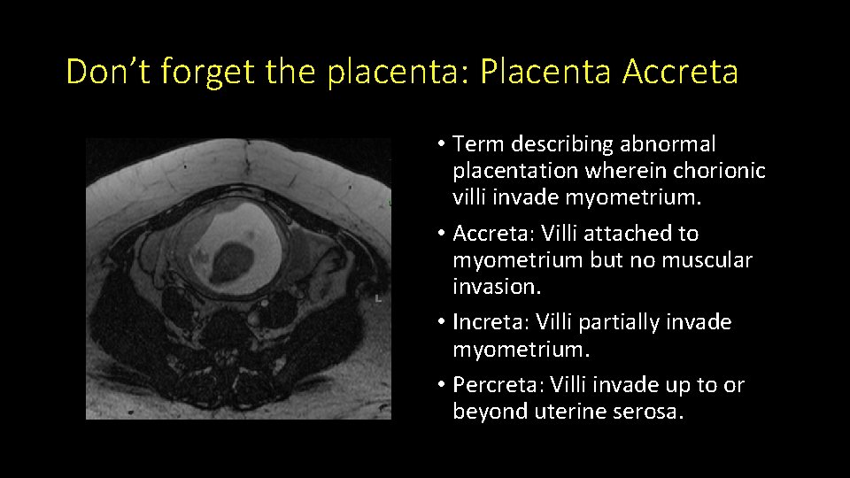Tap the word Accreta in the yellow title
click(680, 72)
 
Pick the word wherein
click(615, 170)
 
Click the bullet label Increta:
click(491, 322)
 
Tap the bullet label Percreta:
click(498, 385)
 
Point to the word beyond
click(491, 412)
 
